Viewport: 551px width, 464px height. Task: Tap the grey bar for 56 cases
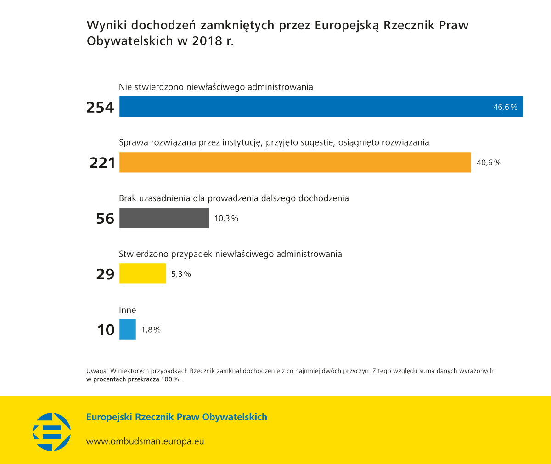click(x=164, y=218)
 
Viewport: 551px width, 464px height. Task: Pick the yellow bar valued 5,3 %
click(x=142, y=273)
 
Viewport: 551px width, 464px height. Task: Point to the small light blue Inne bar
click(x=128, y=329)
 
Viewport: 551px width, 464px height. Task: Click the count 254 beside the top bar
click(x=100, y=107)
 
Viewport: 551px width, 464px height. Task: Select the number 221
click(x=102, y=163)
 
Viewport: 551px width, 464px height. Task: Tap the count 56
click(x=105, y=218)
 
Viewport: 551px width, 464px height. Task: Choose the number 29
click(x=105, y=274)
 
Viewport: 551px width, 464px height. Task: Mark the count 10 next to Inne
click(x=106, y=329)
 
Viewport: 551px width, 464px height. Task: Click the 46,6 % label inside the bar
click(x=505, y=107)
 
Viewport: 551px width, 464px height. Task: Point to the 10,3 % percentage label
click(x=226, y=218)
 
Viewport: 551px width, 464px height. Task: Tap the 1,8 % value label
click(x=151, y=329)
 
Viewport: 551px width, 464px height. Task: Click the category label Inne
click(x=128, y=310)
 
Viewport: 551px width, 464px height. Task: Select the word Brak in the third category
click(x=128, y=198)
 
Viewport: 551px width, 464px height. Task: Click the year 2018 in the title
click(x=207, y=40)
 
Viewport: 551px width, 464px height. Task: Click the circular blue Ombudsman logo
click(x=52, y=432)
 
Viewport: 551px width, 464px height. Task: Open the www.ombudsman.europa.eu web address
click(x=145, y=441)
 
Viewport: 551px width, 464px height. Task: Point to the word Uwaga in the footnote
click(x=96, y=371)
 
